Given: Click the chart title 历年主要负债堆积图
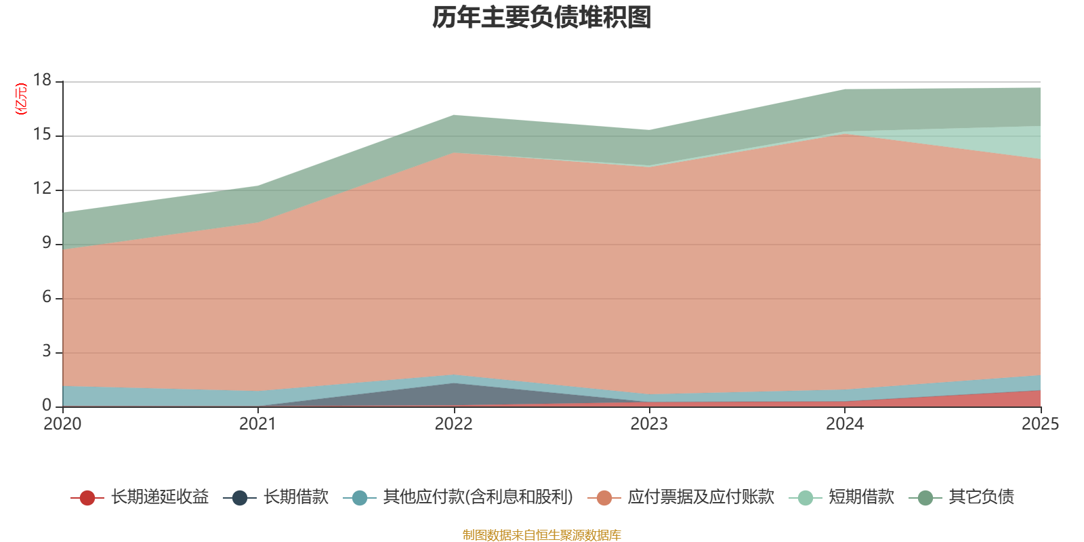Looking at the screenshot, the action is pyautogui.click(x=541, y=18).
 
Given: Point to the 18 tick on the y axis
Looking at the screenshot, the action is pyautogui.click(x=42, y=80).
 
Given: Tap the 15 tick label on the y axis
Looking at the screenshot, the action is pyautogui.click(x=42, y=134).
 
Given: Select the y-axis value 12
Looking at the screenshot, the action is pyautogui.click(x=42, y=188).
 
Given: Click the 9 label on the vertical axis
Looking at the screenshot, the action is pyautogui.click(x=47, y=243).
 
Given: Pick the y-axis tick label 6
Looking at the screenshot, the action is pyautogui.click(x=47, y=297).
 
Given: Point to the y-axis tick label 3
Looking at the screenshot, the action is pyautogui.click(x=47, y=351).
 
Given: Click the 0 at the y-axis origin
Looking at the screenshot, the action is pyautogui.click(x=47, y=405).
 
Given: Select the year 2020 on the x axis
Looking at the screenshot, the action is pyautogui.click(x=62, y=424).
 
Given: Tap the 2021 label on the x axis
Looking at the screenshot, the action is pyautogui.click(x=258, y=424).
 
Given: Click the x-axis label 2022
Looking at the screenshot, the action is pyautogui.click(x=453, y=424).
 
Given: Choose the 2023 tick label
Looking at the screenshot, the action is pyautogui.click(x=649, y=424).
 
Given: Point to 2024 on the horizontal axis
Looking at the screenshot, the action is pyautogui.click(x=845, y=424).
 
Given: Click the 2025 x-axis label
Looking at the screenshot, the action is pyautogui.click(x=1041, y=424).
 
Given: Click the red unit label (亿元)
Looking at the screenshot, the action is pyautogui.click(x=21, y=99).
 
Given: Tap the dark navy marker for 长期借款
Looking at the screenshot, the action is pyautogui.click(x=240, y=497).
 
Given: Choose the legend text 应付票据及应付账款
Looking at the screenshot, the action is pyautogui.click(x=701, y=497).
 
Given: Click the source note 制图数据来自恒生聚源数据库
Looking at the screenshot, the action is pyautogui.click(x=541, y=535).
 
